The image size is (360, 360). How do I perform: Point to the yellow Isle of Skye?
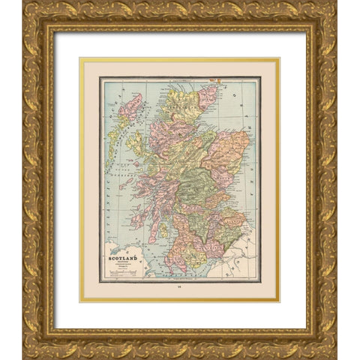point(136,142)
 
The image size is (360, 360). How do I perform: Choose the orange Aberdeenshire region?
point(229,150)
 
